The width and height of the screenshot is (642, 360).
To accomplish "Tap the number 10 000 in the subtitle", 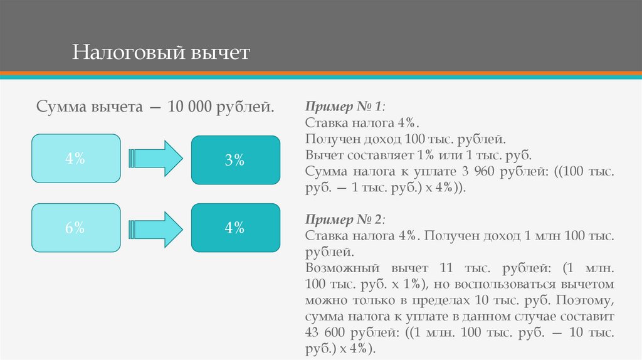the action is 189,107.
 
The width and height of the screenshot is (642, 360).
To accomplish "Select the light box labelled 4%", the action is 76,158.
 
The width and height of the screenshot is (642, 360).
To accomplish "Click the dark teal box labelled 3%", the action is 236,160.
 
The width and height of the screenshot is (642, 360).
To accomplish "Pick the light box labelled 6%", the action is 76,228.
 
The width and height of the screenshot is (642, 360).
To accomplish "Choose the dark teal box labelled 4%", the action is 236,228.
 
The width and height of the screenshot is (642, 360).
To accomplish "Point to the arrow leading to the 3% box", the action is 155,159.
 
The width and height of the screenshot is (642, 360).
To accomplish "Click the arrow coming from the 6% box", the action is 155,230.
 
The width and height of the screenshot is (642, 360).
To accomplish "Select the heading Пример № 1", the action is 344,107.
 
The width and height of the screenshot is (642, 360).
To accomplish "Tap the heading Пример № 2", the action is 344,220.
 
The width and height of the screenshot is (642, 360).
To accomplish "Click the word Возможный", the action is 342,268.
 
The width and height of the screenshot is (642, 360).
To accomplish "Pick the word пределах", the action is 441,300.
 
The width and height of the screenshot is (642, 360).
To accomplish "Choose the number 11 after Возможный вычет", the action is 446,268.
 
